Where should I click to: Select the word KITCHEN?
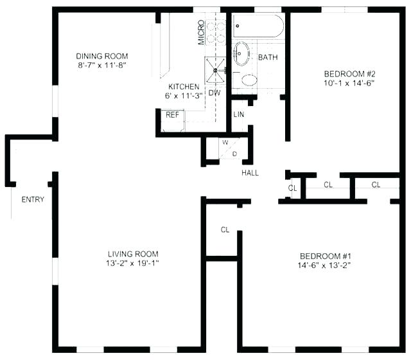[184, 86]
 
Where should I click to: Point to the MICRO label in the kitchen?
[201, 32]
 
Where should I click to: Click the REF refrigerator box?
[172, 115]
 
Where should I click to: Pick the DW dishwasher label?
[214, 93]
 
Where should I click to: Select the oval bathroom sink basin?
[242, 54]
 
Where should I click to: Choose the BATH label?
[268, 58]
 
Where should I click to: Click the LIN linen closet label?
[239, 115]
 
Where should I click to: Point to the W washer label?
[225, 142]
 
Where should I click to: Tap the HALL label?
[250, 173]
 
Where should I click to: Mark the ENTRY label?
[33, 199]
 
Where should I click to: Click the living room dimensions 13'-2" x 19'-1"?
[133, 264]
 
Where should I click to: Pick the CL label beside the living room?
[225, 230]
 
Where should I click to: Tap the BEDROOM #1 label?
[324, 255]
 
